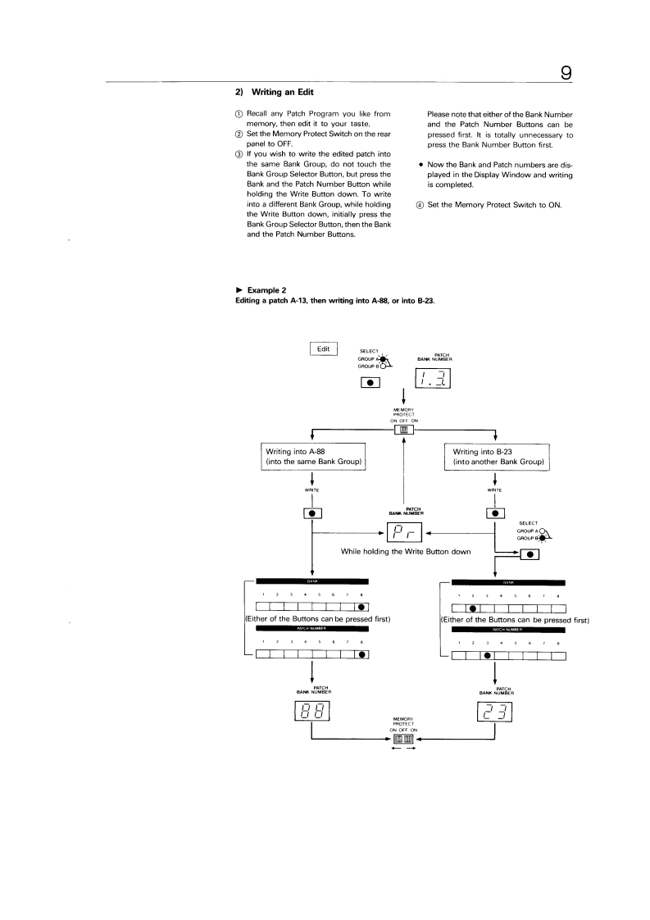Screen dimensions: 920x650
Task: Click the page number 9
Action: click(566, 73)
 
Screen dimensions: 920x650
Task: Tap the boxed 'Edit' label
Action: click(324, 348)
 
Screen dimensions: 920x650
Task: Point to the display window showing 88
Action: click(312, 713)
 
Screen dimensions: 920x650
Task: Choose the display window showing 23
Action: click(495, 713)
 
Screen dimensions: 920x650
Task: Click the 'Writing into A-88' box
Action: click(312, 457)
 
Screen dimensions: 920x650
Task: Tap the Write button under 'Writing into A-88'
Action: click(312, 514)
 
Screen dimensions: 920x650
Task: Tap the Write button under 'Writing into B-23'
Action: click(495, 514)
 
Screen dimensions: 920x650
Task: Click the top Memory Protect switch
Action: click(403, 429)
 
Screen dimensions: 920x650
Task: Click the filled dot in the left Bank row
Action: click(362, 608)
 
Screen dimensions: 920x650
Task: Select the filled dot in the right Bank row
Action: click(472, 608)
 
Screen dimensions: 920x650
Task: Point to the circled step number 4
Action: click(420, 204)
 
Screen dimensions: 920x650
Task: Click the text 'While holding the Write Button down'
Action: click(405, 552)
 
